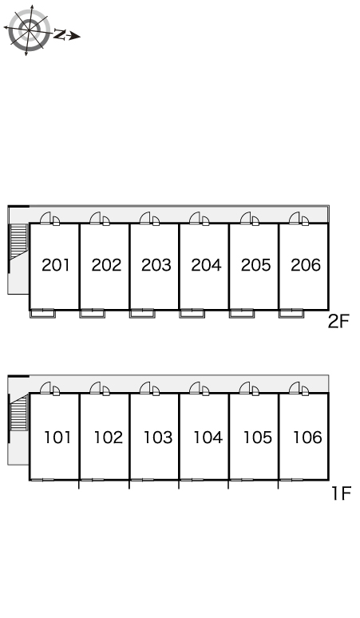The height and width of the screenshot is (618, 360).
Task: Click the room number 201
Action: (x=56, y=265)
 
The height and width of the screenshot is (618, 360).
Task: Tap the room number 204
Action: (x=206, y=265)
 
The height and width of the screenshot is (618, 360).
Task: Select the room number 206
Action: (x=306, y=265)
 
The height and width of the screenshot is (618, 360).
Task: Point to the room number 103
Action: (x=157, y=438)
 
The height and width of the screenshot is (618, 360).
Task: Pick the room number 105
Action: (x=257, y=438)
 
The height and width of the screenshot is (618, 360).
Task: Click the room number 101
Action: (x=57, y=438)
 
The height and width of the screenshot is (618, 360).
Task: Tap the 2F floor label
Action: (x=338, y=322)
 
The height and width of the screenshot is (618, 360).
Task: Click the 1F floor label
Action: (x=341, y=493)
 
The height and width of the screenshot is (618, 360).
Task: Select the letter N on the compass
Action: (x=60, y=34)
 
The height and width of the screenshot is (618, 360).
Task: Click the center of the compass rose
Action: (x=30, y=30)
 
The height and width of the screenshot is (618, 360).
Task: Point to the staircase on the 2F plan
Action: (x=18, y=241)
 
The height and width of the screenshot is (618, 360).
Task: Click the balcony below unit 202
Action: (x=92, y=314)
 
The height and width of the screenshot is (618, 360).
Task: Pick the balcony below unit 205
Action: (x=241, y=314)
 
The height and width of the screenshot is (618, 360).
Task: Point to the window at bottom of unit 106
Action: (x=291, y=480)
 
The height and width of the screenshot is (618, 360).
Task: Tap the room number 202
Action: (x=106, y=265)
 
